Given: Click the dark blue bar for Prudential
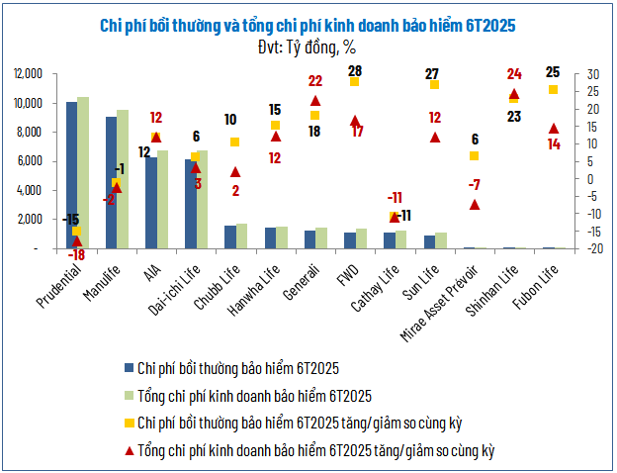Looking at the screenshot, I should pyautogui.click(x=71, y=175).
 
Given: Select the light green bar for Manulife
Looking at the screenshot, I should pyautogui.click(x=123, y=179).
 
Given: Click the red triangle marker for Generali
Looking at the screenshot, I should pyautogui.click(x=315, y=101).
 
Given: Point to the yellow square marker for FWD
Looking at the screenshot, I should pyautogui.click(x=354, y=81).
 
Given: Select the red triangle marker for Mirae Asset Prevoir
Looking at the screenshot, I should pyautogui.click(x=475, y=205).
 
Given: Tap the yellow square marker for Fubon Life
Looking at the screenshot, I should pyautogui.click(x=554, y=90).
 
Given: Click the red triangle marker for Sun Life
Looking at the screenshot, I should pyautogui.click(x=434, y=137).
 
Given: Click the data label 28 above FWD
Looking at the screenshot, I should pyautogui.click(x=354, y=70).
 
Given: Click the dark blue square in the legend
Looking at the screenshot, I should pyautogui.click(x=129, y=368).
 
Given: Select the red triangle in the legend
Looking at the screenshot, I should pyautogui.click(x=129, y=450).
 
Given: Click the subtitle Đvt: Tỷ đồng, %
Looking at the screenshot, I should pyautogui.click(x=307, y=46).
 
